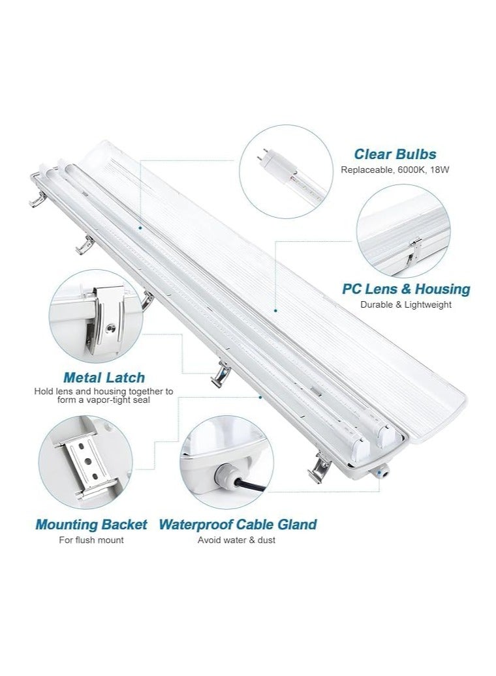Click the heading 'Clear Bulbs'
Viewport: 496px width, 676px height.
395,154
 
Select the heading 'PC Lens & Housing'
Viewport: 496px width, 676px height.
406,289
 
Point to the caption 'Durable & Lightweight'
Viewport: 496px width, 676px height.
406,304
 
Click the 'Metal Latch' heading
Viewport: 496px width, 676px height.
104,377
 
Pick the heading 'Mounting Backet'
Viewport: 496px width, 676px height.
91,524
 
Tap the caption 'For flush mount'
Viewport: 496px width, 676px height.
91,540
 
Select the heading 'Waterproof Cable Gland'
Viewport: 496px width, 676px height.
238,524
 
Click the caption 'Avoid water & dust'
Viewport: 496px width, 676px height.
237,540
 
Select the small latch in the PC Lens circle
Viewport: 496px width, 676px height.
412,252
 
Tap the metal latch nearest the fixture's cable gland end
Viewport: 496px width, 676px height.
321,467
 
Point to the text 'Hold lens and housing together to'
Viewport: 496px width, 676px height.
104,392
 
